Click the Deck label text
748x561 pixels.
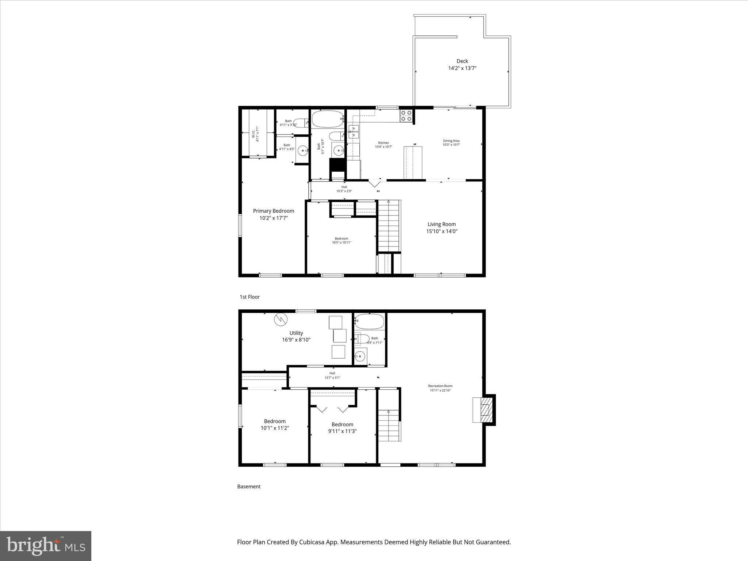pos(462,61)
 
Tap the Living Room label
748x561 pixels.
pos(442,224)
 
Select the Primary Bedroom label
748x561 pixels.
pos(274,211)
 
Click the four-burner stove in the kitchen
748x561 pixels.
pos(406,116)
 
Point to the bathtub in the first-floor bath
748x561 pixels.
pos(328,119)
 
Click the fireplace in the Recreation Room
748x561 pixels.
pos(484,409)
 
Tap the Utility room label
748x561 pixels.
pos(296,333)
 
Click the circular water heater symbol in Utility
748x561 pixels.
pos(281,320)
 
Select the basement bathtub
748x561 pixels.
pos(369,321)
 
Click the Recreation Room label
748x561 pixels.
pos(440,386)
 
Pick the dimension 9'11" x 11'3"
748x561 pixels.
pos(342,431)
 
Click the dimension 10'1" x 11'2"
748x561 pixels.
pos(275,428)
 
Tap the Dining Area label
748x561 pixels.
pos(451,141)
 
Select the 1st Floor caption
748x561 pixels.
pos(249,297)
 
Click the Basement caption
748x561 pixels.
pos(249,486)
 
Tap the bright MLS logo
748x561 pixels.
pos(46,546)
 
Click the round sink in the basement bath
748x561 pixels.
pos(360,356)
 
